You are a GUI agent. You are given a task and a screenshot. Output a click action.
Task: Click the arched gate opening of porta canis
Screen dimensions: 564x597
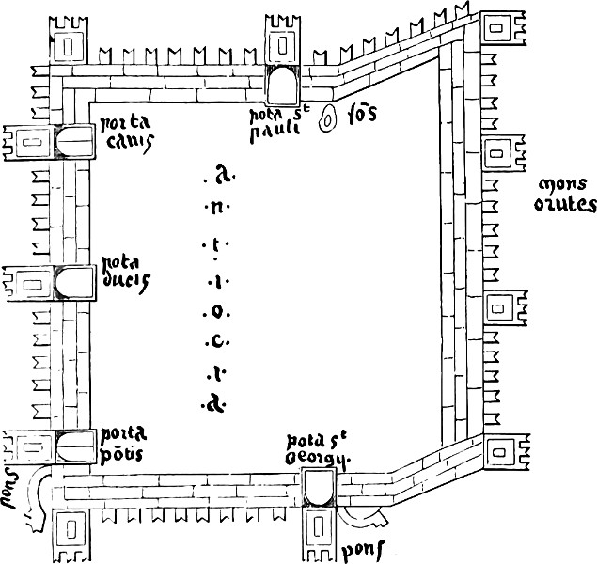(x=73, y=142)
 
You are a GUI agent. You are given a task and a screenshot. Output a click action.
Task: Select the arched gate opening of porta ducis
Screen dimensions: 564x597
(x=73, y=281)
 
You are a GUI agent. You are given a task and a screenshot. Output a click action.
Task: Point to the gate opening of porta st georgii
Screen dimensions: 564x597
(x=318, y=487)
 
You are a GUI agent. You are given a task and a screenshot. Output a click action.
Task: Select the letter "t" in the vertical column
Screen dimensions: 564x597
(x=215, y=244)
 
